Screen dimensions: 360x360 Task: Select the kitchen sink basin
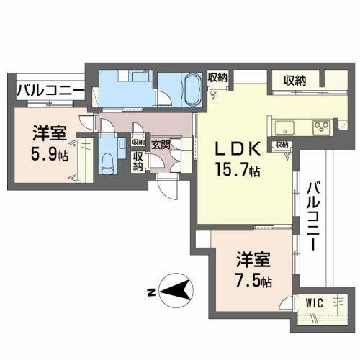click(284, 128)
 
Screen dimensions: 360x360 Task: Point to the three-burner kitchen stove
click(320, 128)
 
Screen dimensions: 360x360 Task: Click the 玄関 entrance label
click(161, 145)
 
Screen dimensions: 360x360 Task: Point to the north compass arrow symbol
click(175, 291)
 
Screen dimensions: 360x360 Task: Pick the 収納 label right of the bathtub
click(218, 78)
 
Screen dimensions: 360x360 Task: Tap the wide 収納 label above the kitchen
click(294, 80)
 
